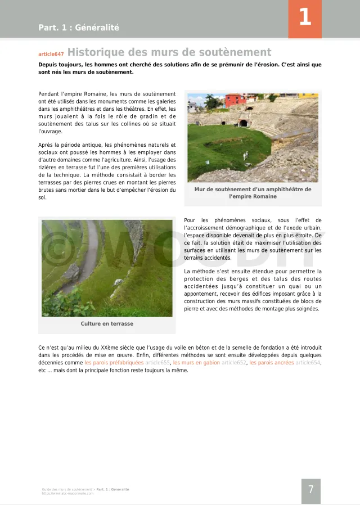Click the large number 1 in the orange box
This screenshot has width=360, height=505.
(x=304, y=18)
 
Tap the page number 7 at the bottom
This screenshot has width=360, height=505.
(x=310, y=490)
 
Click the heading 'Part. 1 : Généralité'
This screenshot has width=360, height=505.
(x=79, y=28)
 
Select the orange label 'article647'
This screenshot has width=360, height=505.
(x=51, y=54)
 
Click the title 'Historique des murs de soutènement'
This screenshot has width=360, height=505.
(x=169, y=53)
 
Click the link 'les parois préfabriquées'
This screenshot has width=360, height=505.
(x=114, y=363)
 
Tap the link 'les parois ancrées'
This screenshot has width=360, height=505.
(x=271, y=363)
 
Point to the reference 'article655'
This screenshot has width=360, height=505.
(x=157, y=363)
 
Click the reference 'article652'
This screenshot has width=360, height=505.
(x=233, y=363)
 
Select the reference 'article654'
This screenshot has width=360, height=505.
(x=308, y=363)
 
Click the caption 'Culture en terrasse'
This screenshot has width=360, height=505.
(x=107, y=324)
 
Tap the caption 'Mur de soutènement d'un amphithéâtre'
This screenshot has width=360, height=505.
(x=253, y=190)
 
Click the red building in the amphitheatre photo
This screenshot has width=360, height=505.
(x=236, y=101)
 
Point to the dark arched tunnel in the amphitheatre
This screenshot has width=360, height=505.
(x=243, y=123)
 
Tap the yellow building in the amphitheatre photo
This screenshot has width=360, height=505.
(x=308, y=96)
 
